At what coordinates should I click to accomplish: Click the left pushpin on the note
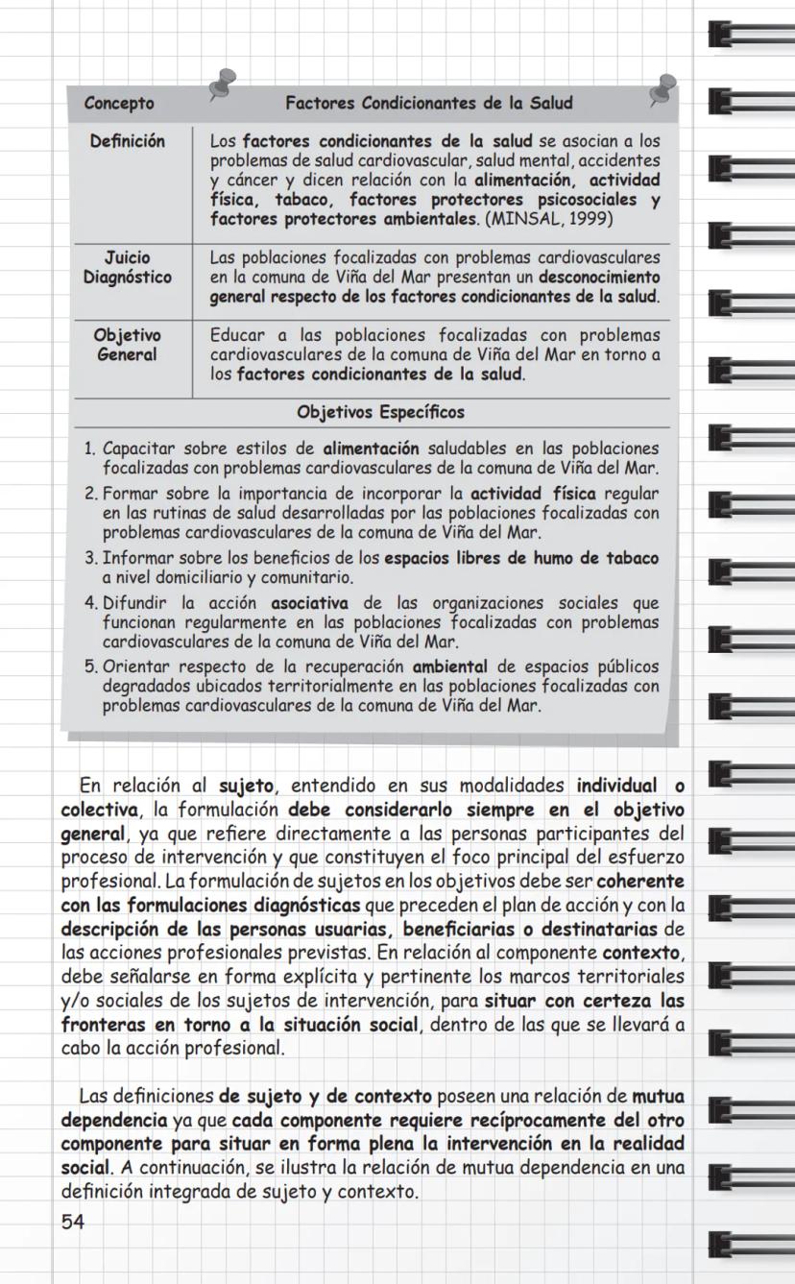(x=225, y=83)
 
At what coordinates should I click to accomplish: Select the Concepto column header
(x=119, y=104)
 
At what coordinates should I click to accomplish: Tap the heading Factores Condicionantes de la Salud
(x=428, y=104)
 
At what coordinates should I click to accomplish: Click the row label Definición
(x=128, y=141)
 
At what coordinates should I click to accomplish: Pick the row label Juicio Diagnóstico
(x=128, y=267)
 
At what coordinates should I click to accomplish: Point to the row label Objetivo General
(x=128, y=345)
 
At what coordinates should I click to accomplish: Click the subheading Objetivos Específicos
(x=380, y=413)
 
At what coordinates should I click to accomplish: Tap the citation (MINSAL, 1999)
(x=550, y=219)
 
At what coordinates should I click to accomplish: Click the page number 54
(x=72, y=1223)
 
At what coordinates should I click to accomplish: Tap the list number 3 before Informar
(x=89, y=559)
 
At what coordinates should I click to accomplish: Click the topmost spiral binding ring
(x=749, y=36)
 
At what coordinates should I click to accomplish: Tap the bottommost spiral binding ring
(x=749, y=1246)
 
